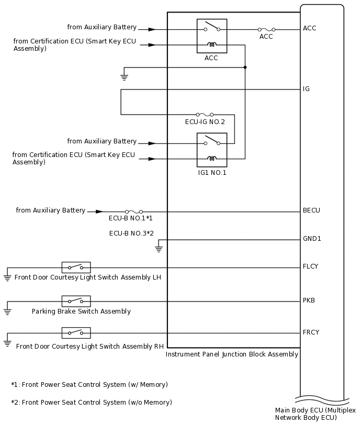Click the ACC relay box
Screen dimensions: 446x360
(x=211, y=36)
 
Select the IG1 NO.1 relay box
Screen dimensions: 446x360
(x=211, y=150)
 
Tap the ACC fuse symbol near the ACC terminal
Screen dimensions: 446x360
(x=266, y=30)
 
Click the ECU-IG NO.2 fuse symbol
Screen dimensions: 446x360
(x=205, y=115)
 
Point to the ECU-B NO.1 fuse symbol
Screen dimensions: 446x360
(x=133, y=211)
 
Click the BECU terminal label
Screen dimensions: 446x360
(x=311, y=210)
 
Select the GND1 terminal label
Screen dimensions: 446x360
(x=312, y=239)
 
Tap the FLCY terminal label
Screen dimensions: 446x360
(x=310, y=266)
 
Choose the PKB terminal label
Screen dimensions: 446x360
(x=309, y=300)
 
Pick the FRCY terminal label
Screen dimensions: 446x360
(x=311, y=332)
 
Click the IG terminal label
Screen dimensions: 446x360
(x=306, y=89)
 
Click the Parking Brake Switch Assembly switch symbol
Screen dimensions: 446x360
(x=76, y=301)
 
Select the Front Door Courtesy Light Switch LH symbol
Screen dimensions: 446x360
(x=76, y=267)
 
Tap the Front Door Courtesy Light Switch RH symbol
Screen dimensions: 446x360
(x=76, y=332)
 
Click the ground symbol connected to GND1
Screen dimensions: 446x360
(x=159, y=249)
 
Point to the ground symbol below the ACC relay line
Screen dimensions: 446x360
(x=124, y=77)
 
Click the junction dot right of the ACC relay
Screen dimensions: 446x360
(x=245, y=68)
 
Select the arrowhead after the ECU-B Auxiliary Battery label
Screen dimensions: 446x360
(x=99, y=211)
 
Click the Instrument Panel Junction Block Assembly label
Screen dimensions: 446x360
(x=232, y=354)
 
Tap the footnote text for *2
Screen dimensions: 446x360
(x=92, y=403)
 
